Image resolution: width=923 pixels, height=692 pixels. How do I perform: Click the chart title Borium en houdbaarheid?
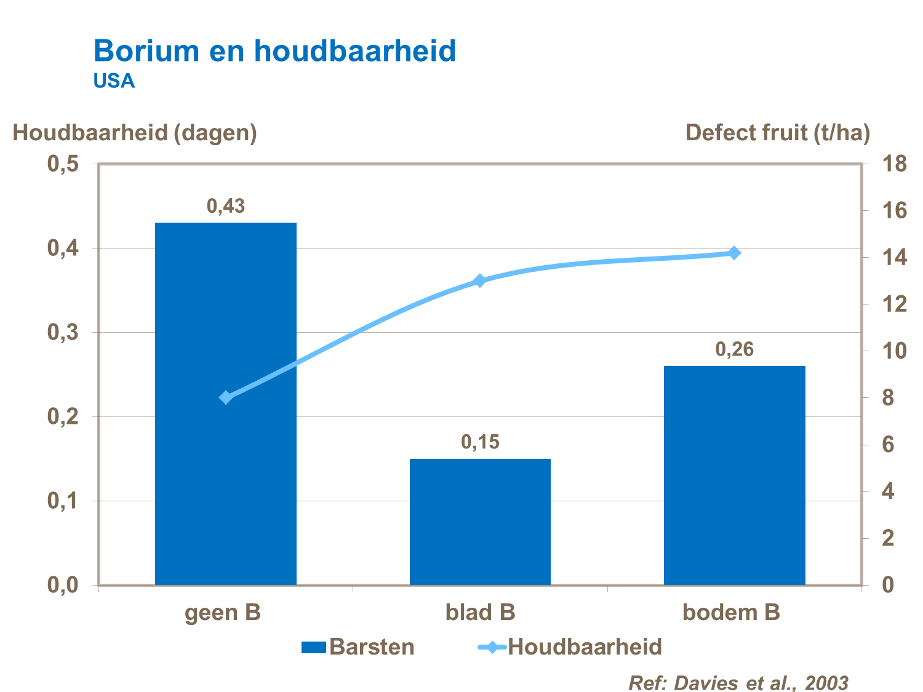tap(274, 50)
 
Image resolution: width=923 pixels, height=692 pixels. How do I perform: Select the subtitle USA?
tap(114, 81)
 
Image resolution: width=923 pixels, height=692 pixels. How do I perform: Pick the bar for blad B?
tap(480, 522)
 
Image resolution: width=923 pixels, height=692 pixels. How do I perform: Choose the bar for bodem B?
tap(734, 475)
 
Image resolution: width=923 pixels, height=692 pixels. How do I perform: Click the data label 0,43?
tap(225, 206)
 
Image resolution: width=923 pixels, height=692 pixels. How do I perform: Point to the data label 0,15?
tap(480, 442)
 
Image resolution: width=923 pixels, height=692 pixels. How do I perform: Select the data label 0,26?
tap(734, 349)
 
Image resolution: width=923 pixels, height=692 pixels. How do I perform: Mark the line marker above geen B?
tap(226, 397)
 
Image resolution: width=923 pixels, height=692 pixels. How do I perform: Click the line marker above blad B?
tap(480, 281)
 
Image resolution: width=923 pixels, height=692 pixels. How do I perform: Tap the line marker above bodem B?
tap(734, 253)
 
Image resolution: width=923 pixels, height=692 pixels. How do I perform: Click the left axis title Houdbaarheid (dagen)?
tap(135, 132)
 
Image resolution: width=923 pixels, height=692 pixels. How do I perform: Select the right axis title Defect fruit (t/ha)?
tap(777, 132)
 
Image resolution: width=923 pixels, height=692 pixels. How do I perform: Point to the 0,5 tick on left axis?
tap(63, 164)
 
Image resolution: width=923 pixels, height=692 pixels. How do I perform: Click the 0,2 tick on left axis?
tap(63, 417)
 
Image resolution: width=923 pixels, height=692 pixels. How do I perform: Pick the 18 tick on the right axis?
tap(894, 164)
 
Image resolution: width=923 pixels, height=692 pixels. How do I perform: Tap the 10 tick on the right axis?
tap(894, 351)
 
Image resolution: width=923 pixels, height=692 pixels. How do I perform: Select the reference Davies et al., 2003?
tap(738, 682)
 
